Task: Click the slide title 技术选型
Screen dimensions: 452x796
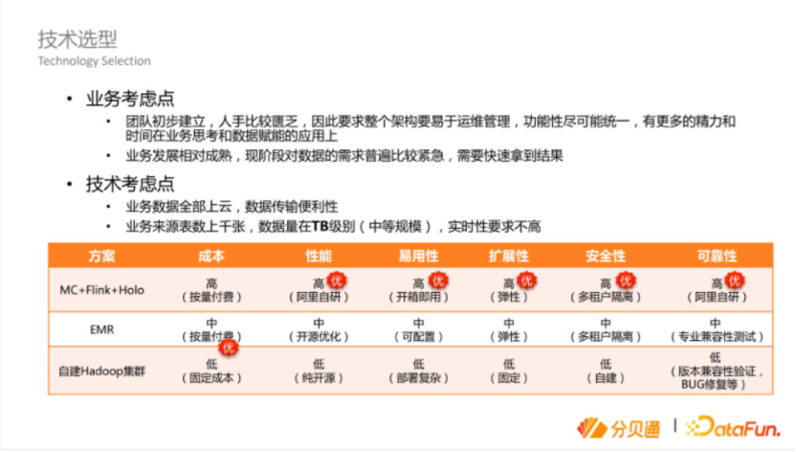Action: (77, 38)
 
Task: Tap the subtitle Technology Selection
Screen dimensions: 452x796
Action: (94, 61)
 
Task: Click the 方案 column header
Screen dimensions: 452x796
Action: (102, 256)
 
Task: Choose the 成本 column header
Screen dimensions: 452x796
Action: (211, 256)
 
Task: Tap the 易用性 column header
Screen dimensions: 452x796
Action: (418, 256)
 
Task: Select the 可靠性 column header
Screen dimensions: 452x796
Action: (717, 256)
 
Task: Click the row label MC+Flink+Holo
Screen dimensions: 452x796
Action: (102, 289)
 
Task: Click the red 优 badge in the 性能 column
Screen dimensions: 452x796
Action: (336, 281)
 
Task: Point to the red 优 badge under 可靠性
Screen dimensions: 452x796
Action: (734, 281)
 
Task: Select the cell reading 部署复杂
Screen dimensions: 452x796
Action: (418, 378)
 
